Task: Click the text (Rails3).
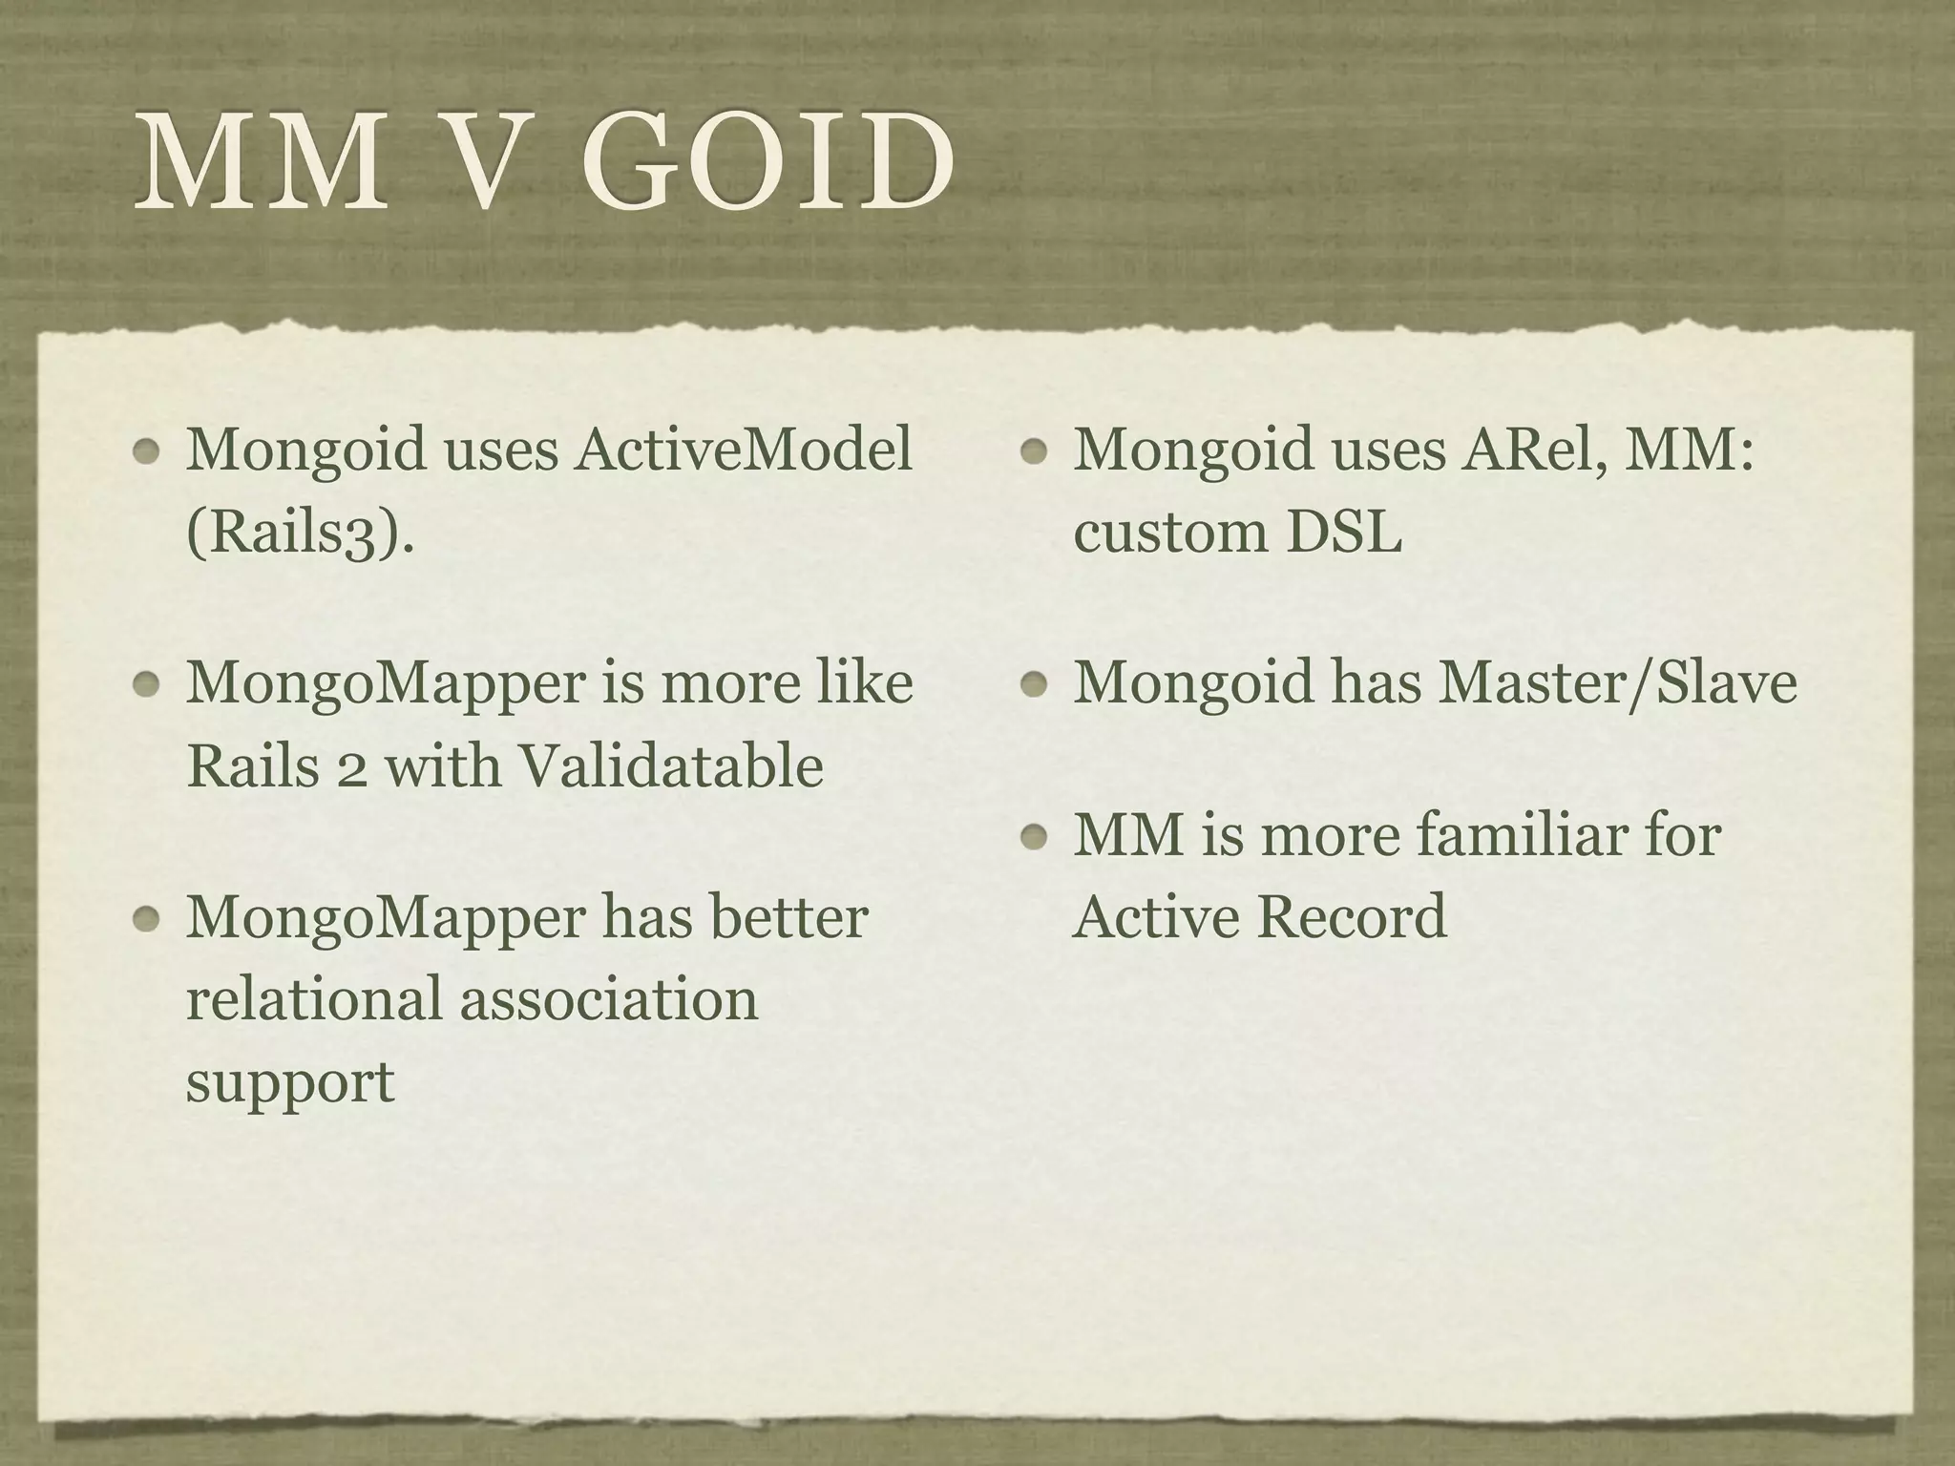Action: [x=300, y=532]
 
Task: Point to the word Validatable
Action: [x=669, y=765]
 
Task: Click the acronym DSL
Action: [x=1344, y=532]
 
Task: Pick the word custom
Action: [x=1170, y=534]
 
